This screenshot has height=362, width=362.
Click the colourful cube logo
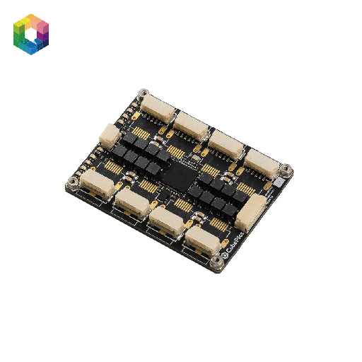[31, 33]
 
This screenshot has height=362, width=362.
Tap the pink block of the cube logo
[42, 28]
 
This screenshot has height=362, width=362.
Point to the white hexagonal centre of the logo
[31, 34]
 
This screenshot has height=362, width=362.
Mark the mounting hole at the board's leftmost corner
[72, 186]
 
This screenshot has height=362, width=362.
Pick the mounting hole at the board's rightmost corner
[286, 169]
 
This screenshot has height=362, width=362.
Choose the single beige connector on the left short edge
[110, 134]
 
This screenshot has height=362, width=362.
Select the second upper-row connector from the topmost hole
[192, 127]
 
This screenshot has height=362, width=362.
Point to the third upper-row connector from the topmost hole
[226, 144]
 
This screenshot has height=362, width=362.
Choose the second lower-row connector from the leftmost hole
[131, 204]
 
